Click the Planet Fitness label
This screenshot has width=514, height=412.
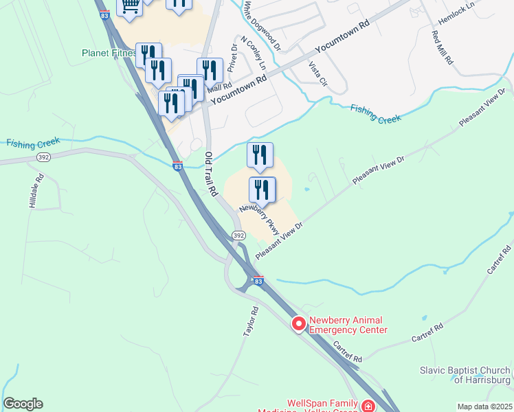(x=109, y=53)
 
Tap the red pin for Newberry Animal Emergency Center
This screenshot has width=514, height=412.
(x=299, y=323)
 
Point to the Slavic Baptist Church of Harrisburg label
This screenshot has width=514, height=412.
(x=466, y=375)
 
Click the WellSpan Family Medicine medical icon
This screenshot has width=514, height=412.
(x=368, y=406)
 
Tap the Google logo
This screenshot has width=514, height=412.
(x=23, y=404)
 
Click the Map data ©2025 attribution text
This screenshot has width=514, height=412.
(x=484, y=407)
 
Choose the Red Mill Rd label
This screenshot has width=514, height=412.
(x=442, y=47)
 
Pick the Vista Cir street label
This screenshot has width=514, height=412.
(x=317, y=73)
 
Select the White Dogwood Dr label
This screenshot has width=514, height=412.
(x=262, y=26)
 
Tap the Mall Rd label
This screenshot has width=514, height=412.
(x=221, y=89)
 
